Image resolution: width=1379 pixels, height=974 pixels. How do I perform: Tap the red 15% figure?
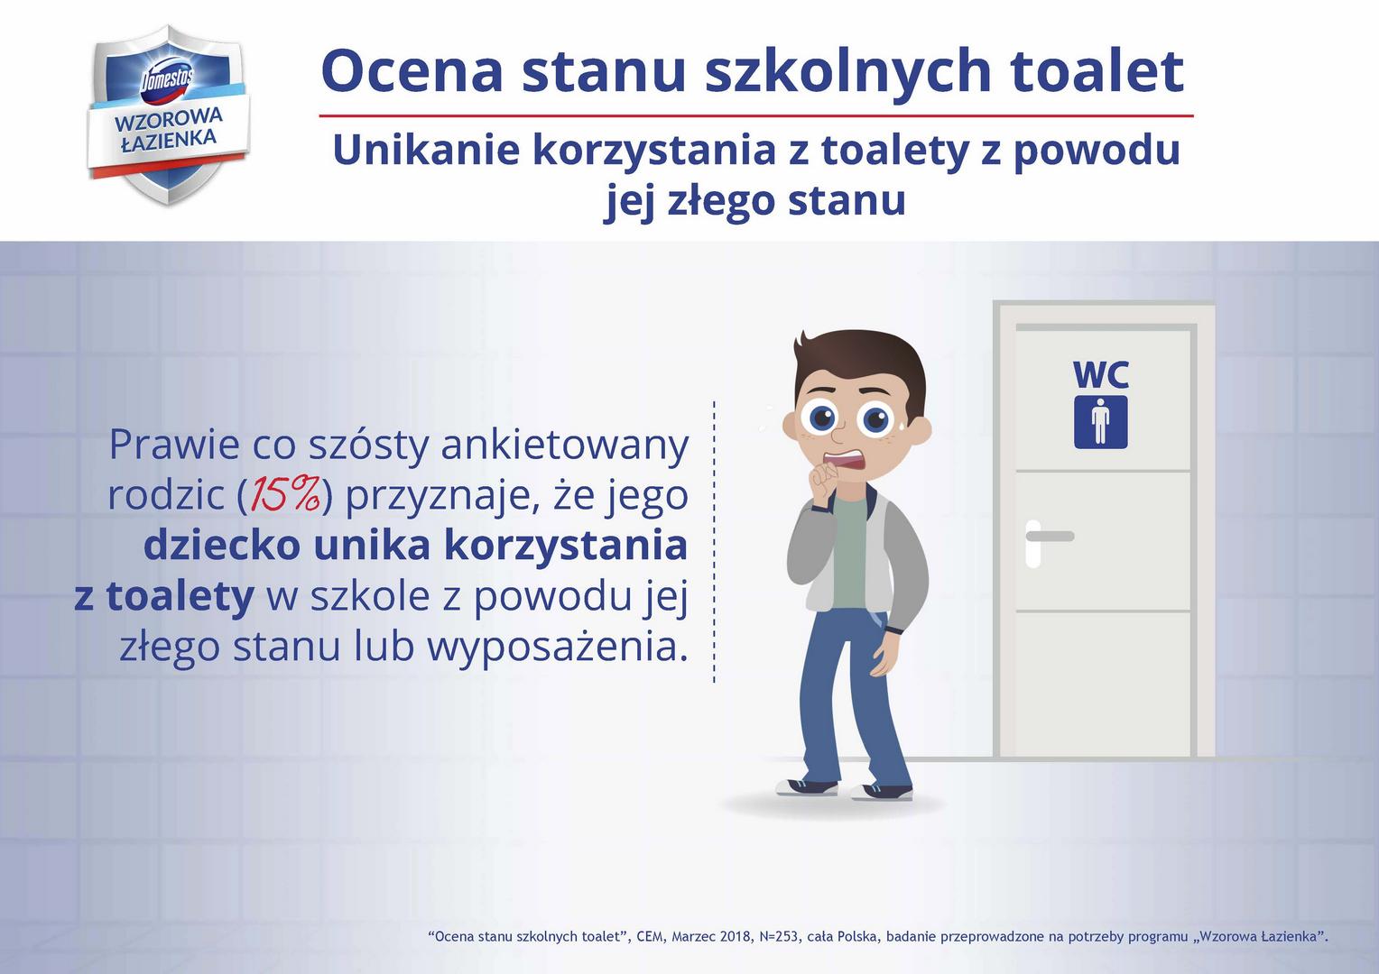285,494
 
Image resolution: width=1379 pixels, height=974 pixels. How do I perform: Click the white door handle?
1047,538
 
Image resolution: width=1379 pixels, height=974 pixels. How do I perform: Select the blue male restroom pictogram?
1100,422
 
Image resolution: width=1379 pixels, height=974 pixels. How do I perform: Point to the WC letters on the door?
1100,373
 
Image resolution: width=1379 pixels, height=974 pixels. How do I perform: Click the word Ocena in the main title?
411,71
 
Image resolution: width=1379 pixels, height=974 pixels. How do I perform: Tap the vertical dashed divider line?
714,541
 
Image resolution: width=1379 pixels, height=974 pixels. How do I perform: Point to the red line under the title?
756,116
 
